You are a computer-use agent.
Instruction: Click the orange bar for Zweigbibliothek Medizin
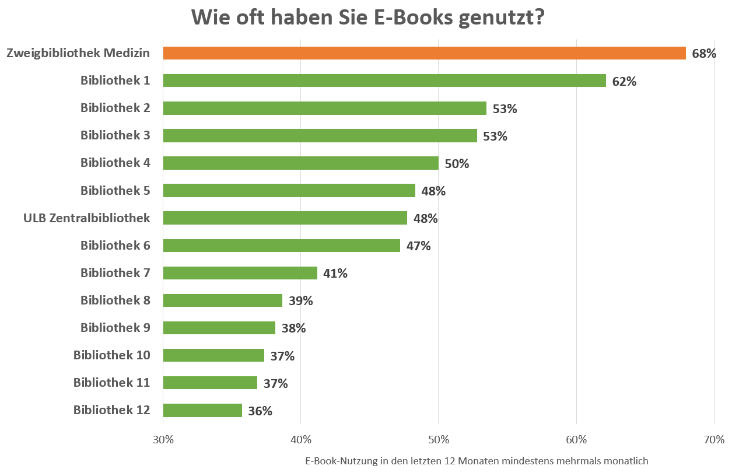pyautogui.click(x=424, y=53)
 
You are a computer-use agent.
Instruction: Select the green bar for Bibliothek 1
pyautogui.click(x=384, y=80)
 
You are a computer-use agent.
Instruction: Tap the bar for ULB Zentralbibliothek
pyautogui.click(x=285, y=218)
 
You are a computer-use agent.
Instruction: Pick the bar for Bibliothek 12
pyautogui.click(x=202, y=410)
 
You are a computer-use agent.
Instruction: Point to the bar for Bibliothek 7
pyautogui.click(x=240, y=273)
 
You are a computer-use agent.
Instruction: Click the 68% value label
pyautogui.click(x=704, y=54)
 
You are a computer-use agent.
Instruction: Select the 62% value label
pyautogui.click(x=624, y=82)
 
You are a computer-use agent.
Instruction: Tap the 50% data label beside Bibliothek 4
pyautogui.click(x=457, y=164)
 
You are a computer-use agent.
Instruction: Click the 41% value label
pyautogui.click(x=335, y=274)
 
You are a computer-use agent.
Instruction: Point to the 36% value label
pyautogui.click(x=260, y=411)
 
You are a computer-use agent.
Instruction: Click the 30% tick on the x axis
pyautogui.click(x=163, y=439)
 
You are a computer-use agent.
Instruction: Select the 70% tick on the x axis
pyautogui.click(x=714, y=439)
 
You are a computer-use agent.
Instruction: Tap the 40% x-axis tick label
pyautogui.click(x=300, y=439)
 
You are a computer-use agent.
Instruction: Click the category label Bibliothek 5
pyautogui.click(x=115, y=190)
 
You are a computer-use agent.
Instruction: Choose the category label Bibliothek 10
pyautogui.click(x=111, y=355)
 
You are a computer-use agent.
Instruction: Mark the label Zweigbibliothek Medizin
pyautogui.click(x=78, y=53)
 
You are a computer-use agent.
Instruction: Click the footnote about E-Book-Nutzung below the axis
pyautogui.click(x=477, y=461)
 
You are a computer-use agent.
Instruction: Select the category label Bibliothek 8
pyautogui.click(x=115, y=300)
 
